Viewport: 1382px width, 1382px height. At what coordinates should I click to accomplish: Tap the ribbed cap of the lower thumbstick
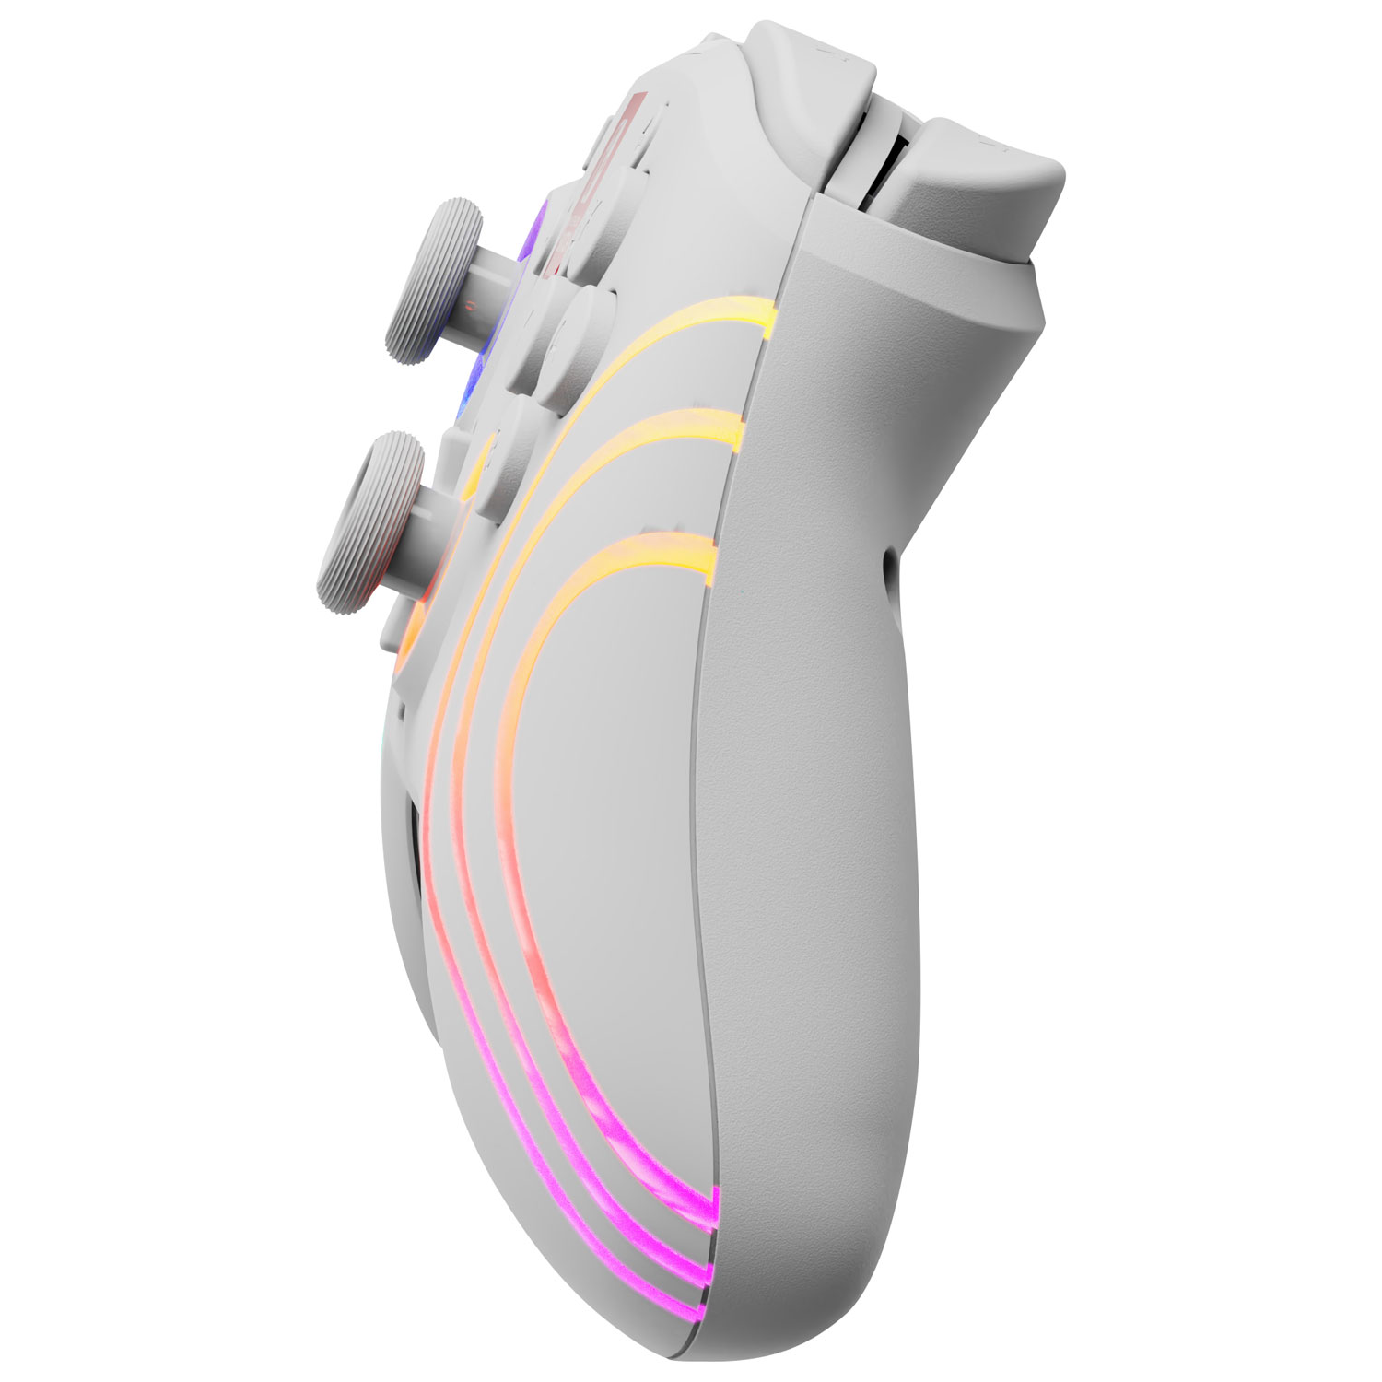[x=369, y=516]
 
